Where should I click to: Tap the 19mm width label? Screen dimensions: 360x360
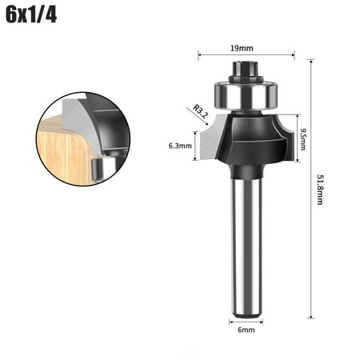point(246,48)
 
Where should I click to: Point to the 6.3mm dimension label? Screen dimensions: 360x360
point(180,146)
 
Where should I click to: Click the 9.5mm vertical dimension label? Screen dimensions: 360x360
point(303,144)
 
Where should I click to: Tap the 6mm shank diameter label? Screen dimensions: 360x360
point(246,328)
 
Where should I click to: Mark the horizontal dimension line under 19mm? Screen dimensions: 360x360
point(246,56)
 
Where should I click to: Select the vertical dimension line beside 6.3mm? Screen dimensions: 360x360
point(194,146)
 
